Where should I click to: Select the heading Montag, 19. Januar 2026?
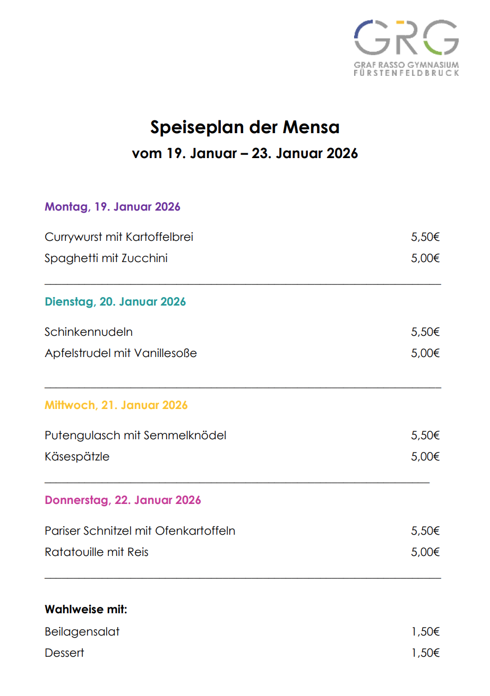pos(113,206)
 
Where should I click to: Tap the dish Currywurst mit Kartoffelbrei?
pos(119,237)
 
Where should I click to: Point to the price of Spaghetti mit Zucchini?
pos(426,258)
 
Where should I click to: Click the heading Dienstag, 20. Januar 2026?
pos(115,302)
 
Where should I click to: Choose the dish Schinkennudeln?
pos(89,332)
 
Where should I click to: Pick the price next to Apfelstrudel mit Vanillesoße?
pos(426,353)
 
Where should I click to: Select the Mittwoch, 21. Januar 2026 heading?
pos(116,405)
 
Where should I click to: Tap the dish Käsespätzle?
pos(78,456)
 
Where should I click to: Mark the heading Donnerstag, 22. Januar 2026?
pos(123,500)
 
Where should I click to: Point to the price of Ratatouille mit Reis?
pos(426,552)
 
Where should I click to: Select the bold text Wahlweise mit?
pos(86,610)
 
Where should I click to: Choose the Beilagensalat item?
pos(82,632)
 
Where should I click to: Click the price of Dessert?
pos(426,653)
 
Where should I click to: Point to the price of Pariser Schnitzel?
pos(426,530)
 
